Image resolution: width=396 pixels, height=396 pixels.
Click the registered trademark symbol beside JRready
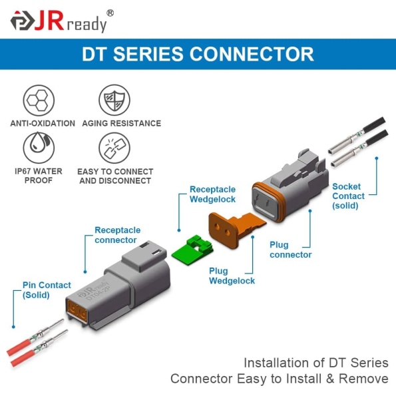[x=110, y=13]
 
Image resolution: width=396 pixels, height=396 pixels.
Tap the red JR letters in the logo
[x=49, y=21]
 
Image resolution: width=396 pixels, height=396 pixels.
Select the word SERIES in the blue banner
[x=148, y=54]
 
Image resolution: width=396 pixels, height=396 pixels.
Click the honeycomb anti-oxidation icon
[x=39, y=100]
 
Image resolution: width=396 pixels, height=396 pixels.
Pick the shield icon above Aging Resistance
[x=114, y=100]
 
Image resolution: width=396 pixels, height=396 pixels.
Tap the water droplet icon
[x=39, y=148]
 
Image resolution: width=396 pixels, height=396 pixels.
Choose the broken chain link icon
[x=114, y=148]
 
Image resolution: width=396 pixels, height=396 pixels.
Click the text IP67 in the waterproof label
[x=23, y=171]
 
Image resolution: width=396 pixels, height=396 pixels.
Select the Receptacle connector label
[x=117, y=235]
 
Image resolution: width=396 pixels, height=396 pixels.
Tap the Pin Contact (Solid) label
[x=47, y=290]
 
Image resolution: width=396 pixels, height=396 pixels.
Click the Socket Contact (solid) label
[x=348, y=196]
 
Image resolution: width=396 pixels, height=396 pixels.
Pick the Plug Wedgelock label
[x=232, y=276]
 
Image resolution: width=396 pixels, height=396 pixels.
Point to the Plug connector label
[x=290, y=250]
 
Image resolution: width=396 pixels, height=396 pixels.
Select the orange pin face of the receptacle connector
[x=77, y=310]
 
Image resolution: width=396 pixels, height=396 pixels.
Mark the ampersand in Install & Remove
[x=330, y=379]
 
